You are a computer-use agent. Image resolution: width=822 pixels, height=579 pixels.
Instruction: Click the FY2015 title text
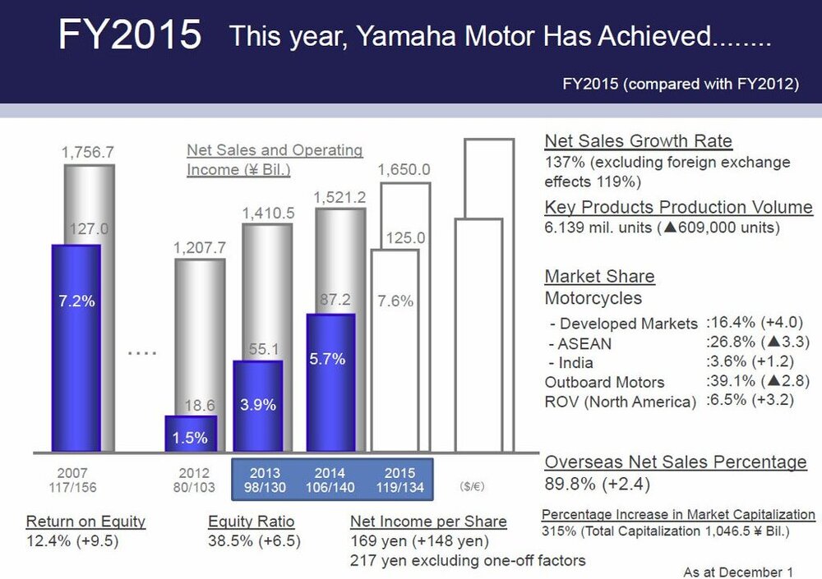[x=130, y=34]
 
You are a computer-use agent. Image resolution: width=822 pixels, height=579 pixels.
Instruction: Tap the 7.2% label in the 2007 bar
[x=76, y=301]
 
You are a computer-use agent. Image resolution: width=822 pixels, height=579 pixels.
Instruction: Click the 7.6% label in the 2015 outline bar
[x=395, y=301]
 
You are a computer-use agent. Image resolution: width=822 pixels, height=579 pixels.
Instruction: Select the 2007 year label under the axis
[x=72, y=473]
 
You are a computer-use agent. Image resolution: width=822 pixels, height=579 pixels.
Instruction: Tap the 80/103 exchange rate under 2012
[x=193, y=487]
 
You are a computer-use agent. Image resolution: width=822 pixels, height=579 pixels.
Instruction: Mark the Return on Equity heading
[x=85, y=522]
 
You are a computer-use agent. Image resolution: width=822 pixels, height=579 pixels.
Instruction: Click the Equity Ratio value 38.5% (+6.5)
[x=254, y=541]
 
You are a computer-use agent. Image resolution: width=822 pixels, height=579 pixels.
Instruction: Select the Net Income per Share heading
[x=428, y=522]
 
